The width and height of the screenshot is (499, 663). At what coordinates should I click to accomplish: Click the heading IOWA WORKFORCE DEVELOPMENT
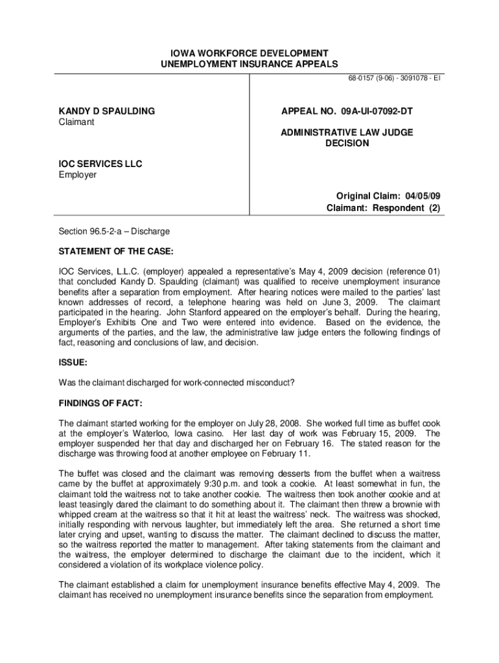tap(250, 52)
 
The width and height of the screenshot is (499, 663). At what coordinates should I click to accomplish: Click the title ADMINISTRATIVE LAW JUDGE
tap(347, 133)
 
